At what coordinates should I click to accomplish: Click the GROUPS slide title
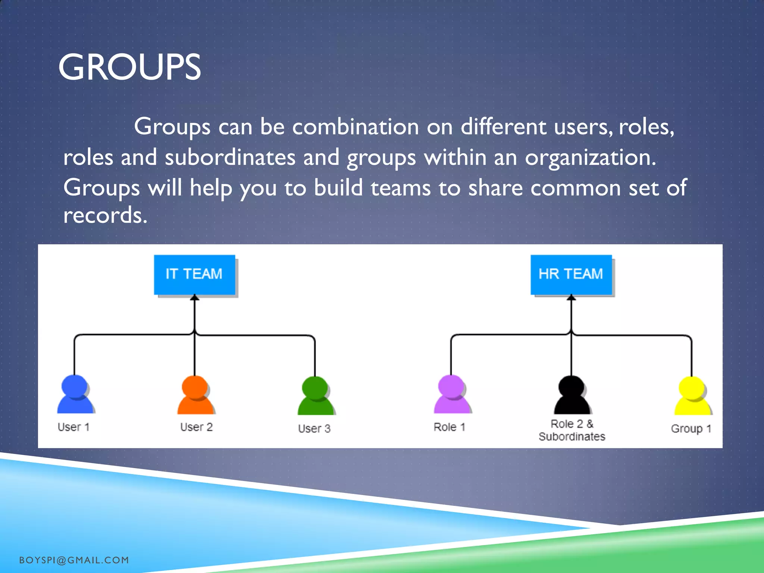(129, 67)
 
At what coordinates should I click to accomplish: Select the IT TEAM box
(194, 275)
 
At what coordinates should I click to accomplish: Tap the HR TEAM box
(571, 275)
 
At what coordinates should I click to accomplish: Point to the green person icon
(316, 396)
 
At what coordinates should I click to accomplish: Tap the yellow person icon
(692, 396)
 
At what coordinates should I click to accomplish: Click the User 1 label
(73, 427)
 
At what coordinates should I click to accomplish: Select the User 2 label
(196, 427)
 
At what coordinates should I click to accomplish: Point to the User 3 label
(314, 429)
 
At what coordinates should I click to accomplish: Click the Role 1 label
(450, 427)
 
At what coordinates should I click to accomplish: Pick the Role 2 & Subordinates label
(572, 430)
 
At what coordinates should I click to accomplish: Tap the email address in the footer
(74, 560)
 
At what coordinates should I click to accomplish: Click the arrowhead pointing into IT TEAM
(194, 298)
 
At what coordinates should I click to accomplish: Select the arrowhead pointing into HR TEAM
(571, 298)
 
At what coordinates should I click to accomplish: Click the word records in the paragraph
(105, 216)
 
